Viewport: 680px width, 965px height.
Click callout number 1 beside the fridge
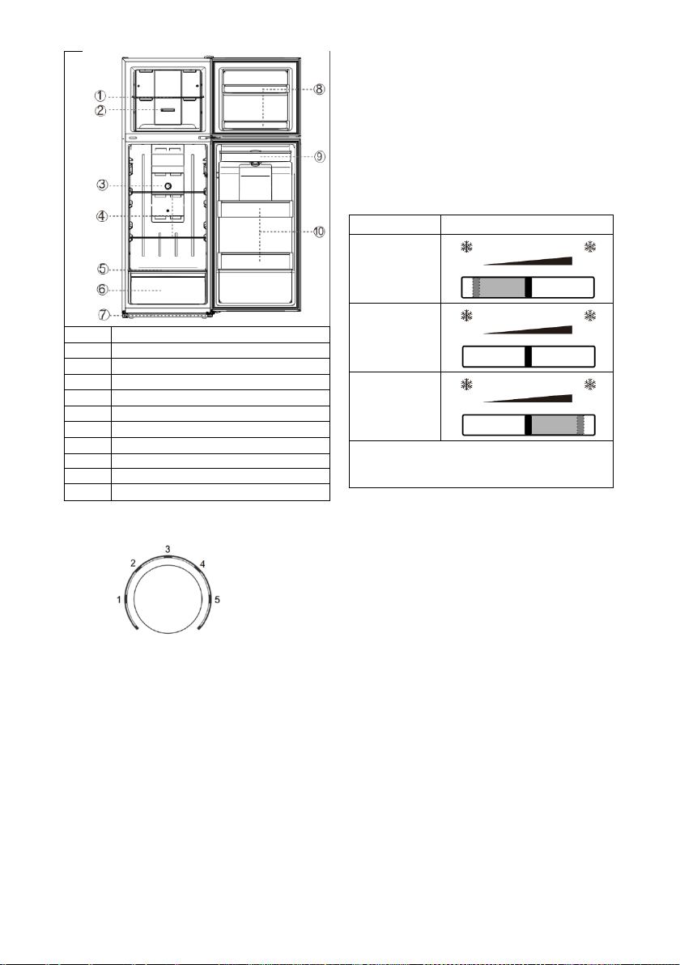click(x=100, y=96)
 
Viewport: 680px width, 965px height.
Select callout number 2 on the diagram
click(x=100, y=111)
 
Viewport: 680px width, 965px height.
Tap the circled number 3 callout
click(x=102, y=185)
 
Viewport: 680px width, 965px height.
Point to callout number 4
click(x=102, y=216)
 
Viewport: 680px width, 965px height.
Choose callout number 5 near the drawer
click(x=102, y=269)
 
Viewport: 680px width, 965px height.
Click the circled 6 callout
click(x=102, y=289)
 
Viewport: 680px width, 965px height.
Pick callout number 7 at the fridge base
click(x=104, y=314)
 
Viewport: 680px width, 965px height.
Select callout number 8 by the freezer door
click(x=319, y=88)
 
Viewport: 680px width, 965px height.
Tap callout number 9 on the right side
click(x=320, y=156)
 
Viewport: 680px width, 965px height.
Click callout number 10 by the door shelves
click(x=318, y=232)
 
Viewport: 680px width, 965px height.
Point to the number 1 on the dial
click(x=119, y=599)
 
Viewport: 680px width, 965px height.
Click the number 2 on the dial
click(x=133, y=563)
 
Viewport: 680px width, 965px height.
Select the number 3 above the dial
click(x=168, y=548)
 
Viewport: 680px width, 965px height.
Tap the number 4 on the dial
click(x=202, y=563)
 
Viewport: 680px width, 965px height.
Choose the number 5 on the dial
click(x=217, y=599)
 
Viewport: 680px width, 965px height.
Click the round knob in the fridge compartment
click(x=168, y=185)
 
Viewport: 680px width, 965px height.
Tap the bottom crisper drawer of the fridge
click(x=166, y=289)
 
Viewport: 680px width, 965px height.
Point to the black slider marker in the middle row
click(x=528, y=357)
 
